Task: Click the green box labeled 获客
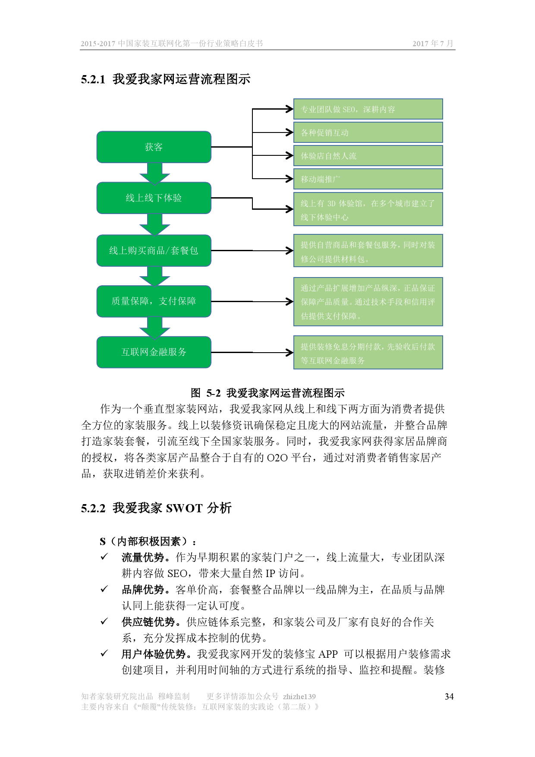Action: pos(154,147)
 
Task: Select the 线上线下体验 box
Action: pos(154,198)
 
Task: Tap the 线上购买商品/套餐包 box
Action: pos(154,251)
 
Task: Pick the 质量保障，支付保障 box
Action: pos(154,301)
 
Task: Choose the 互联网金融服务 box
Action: pos(154,352)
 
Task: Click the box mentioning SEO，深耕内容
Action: pos(368,109)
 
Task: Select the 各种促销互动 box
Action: pos(368,132)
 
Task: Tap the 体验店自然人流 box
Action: pos(368,156)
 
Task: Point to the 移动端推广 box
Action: pos(368,179)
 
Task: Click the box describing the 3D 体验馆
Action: pos(368,210)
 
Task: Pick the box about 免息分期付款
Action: pos(368,353)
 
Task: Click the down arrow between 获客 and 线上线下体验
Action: pos(154,173)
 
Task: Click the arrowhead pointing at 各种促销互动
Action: pos(290,132)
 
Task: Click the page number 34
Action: pos(449,697)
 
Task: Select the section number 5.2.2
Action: pos(93,508)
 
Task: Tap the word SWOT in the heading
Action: pos(184,508)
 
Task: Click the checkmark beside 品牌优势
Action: pos(104,589)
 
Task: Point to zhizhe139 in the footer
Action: pos(299,697)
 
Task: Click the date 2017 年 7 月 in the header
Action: pos(433,44)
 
